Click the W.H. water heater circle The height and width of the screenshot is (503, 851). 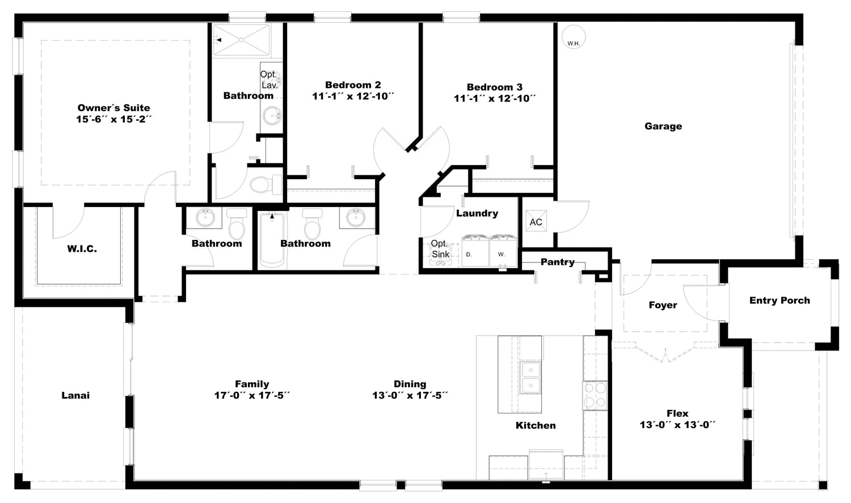click(573, 37)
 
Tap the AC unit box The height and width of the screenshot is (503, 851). click(536, 221)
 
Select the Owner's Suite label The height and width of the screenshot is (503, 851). click(113, 108)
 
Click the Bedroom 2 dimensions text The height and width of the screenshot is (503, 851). click(353, 96)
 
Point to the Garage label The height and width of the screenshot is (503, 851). click(663, 126)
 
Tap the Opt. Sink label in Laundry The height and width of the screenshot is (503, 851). click(440, 249)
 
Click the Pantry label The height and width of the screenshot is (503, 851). click(558, 262)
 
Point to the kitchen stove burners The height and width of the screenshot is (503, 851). click(595, 396)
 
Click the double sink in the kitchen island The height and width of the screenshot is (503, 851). click(530, 377)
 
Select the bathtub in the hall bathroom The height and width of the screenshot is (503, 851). click(272, 240)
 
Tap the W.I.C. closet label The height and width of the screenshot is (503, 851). click(82, 249)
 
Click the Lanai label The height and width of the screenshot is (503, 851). click(75, 396)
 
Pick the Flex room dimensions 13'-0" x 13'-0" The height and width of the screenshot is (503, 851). click(678, 425)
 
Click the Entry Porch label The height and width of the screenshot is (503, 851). click(780, 301)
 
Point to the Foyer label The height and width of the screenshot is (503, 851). click(663, 305)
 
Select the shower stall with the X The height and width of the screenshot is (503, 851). click(241, 40)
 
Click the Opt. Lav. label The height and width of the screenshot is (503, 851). click(269, 80)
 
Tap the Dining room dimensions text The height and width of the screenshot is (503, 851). click(410, 396)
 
